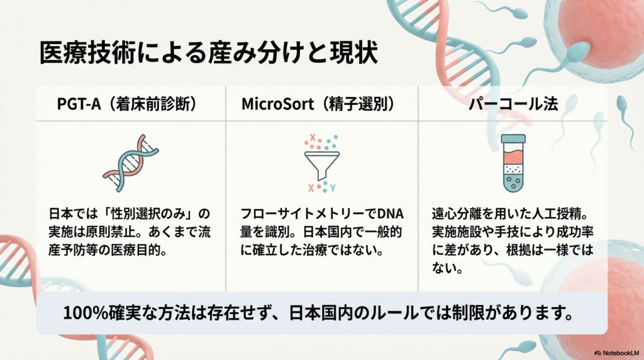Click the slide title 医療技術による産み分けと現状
click(208, 53)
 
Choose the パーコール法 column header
click(513, 104)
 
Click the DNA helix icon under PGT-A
click(131, 162)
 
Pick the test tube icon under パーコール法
click(513, 162)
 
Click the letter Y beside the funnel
click(333, 188)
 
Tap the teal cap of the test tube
click(513, 138)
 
